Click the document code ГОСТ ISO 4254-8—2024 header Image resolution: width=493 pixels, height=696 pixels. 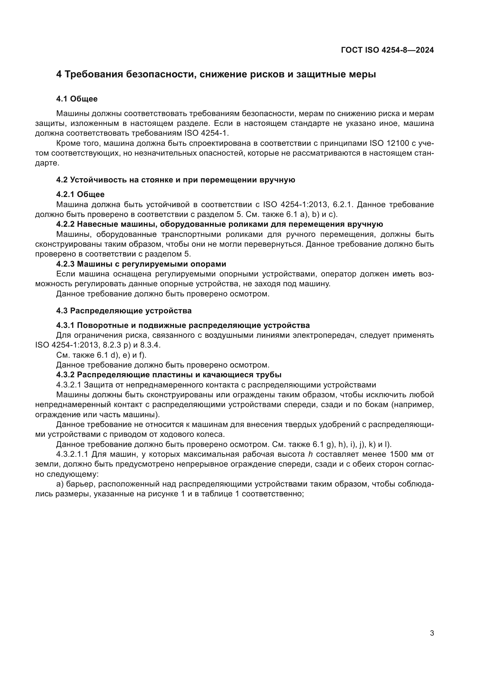[387, 50]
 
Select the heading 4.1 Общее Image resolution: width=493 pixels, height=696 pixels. [77, 99]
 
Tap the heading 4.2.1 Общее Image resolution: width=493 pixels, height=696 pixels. [80, 194]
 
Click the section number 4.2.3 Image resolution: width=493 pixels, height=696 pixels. [65, 264]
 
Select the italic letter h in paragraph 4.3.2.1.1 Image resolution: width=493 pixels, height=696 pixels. [311, 454]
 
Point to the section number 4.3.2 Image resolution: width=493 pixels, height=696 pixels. [65, 375]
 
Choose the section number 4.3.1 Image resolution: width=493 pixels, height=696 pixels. [65, 326]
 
